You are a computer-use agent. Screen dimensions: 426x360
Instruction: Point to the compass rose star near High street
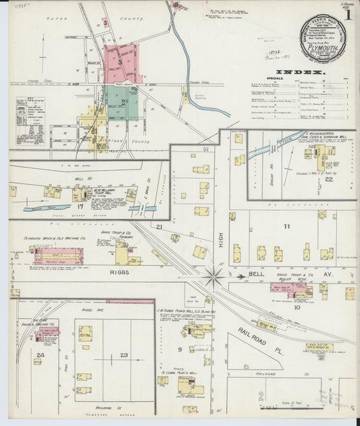[x=214, y=276]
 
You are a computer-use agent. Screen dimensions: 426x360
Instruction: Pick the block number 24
[x=41, y=354]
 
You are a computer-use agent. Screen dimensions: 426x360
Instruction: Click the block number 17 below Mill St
[x=80, y=206]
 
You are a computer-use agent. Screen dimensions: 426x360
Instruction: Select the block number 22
[x=328, y=180]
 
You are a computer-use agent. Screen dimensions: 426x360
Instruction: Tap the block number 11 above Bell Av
[x=286, y=227]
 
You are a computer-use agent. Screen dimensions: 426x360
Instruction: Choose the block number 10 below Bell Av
[x=297, y=307]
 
